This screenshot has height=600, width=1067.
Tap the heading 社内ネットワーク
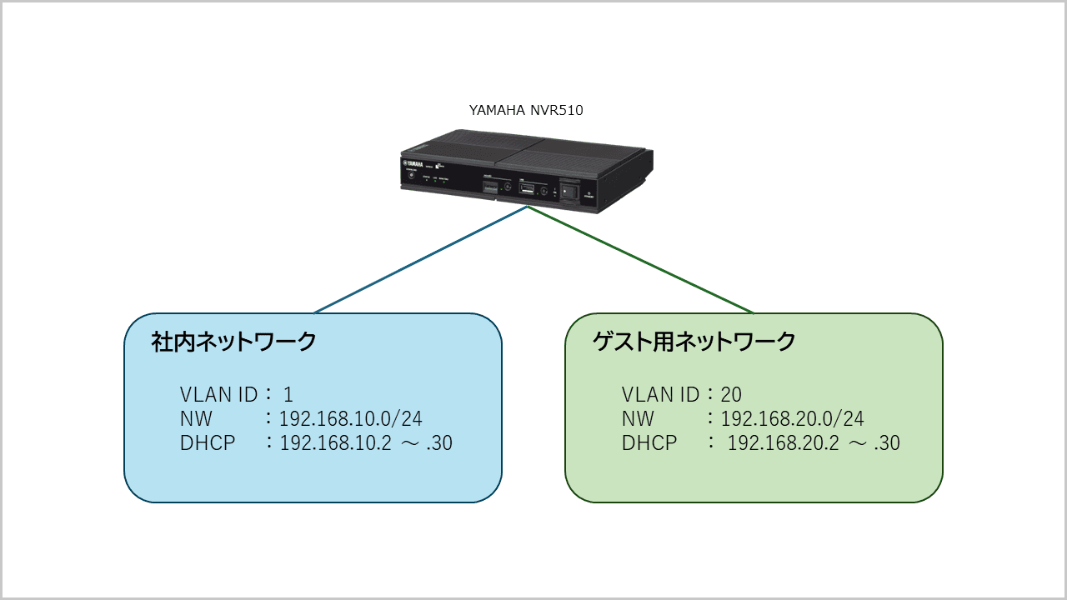pyautogui.click(x=234, y=342)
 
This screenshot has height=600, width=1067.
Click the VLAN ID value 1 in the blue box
pyautogui.click(x=288, y=394)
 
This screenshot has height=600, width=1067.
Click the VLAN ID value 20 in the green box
pyautogui.click(x=731, y=394)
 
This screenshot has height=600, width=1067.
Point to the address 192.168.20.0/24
pyautogui.click(x=793, y=418)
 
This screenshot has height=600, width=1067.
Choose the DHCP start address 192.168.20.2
pyautogui.click(x=784, y=443)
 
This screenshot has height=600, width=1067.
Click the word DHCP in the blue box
pyautogui.click(x=208, y=443)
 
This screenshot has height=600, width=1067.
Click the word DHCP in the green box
pyautogui.click(x=649, y=443)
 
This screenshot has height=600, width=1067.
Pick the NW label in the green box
pyautogui.click(x=638, y=418)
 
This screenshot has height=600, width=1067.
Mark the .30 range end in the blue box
pyautogui.click(x=438, y=443)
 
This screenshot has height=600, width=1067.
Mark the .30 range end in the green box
pyautogui.click(x=885, y=443)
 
